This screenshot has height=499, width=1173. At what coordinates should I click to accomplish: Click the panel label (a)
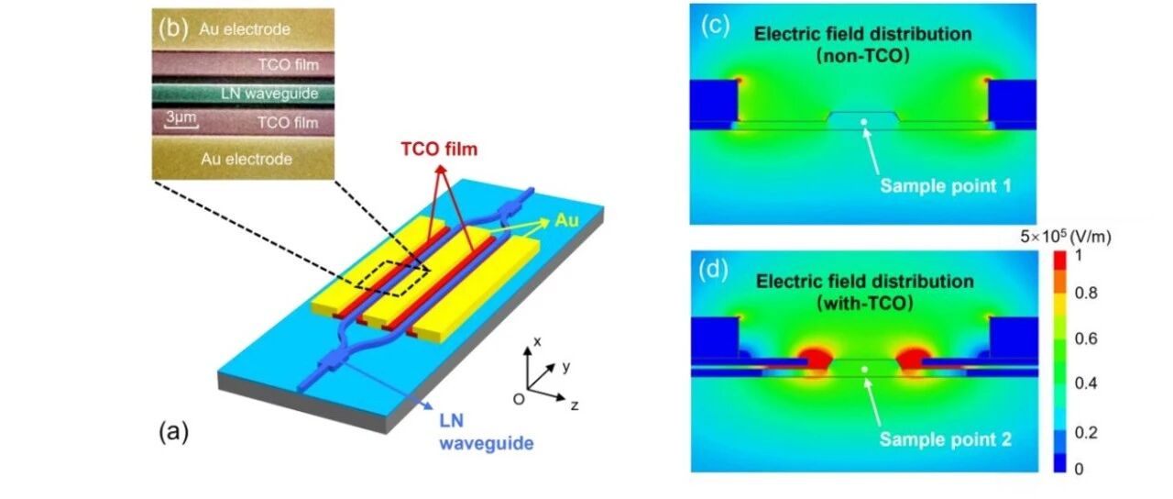point(174,433)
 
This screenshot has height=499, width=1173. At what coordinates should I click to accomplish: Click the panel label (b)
point(173,28)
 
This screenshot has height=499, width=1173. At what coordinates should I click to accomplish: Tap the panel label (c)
point(716,25)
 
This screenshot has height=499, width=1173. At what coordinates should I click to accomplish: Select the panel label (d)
point(714,270)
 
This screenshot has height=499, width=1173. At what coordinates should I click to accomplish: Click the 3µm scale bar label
point(181,116)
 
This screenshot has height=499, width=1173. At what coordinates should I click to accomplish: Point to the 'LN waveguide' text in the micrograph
point(269,94)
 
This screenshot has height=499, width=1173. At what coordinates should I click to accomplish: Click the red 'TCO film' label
point(439,150)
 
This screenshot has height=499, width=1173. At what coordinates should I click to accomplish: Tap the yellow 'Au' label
point(566,220)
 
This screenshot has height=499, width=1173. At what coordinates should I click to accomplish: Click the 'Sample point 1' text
point(945,186)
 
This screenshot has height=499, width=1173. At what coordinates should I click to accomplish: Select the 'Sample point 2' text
point(945,439)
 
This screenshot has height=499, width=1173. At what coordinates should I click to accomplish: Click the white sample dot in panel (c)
point(864,122)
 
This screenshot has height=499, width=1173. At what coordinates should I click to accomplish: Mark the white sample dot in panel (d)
point(864,370)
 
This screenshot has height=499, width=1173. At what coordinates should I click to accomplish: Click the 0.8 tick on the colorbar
point(1086,293)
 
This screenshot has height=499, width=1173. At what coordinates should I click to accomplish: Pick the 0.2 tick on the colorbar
point(1086,432)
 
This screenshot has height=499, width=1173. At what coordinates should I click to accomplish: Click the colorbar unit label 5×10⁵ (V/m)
point(1066,237)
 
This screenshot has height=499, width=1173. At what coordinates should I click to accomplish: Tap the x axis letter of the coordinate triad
point(537,342)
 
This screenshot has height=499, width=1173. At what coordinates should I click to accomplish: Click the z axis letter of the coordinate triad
point(575,405)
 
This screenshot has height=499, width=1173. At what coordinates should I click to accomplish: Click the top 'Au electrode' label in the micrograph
point(245,28)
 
